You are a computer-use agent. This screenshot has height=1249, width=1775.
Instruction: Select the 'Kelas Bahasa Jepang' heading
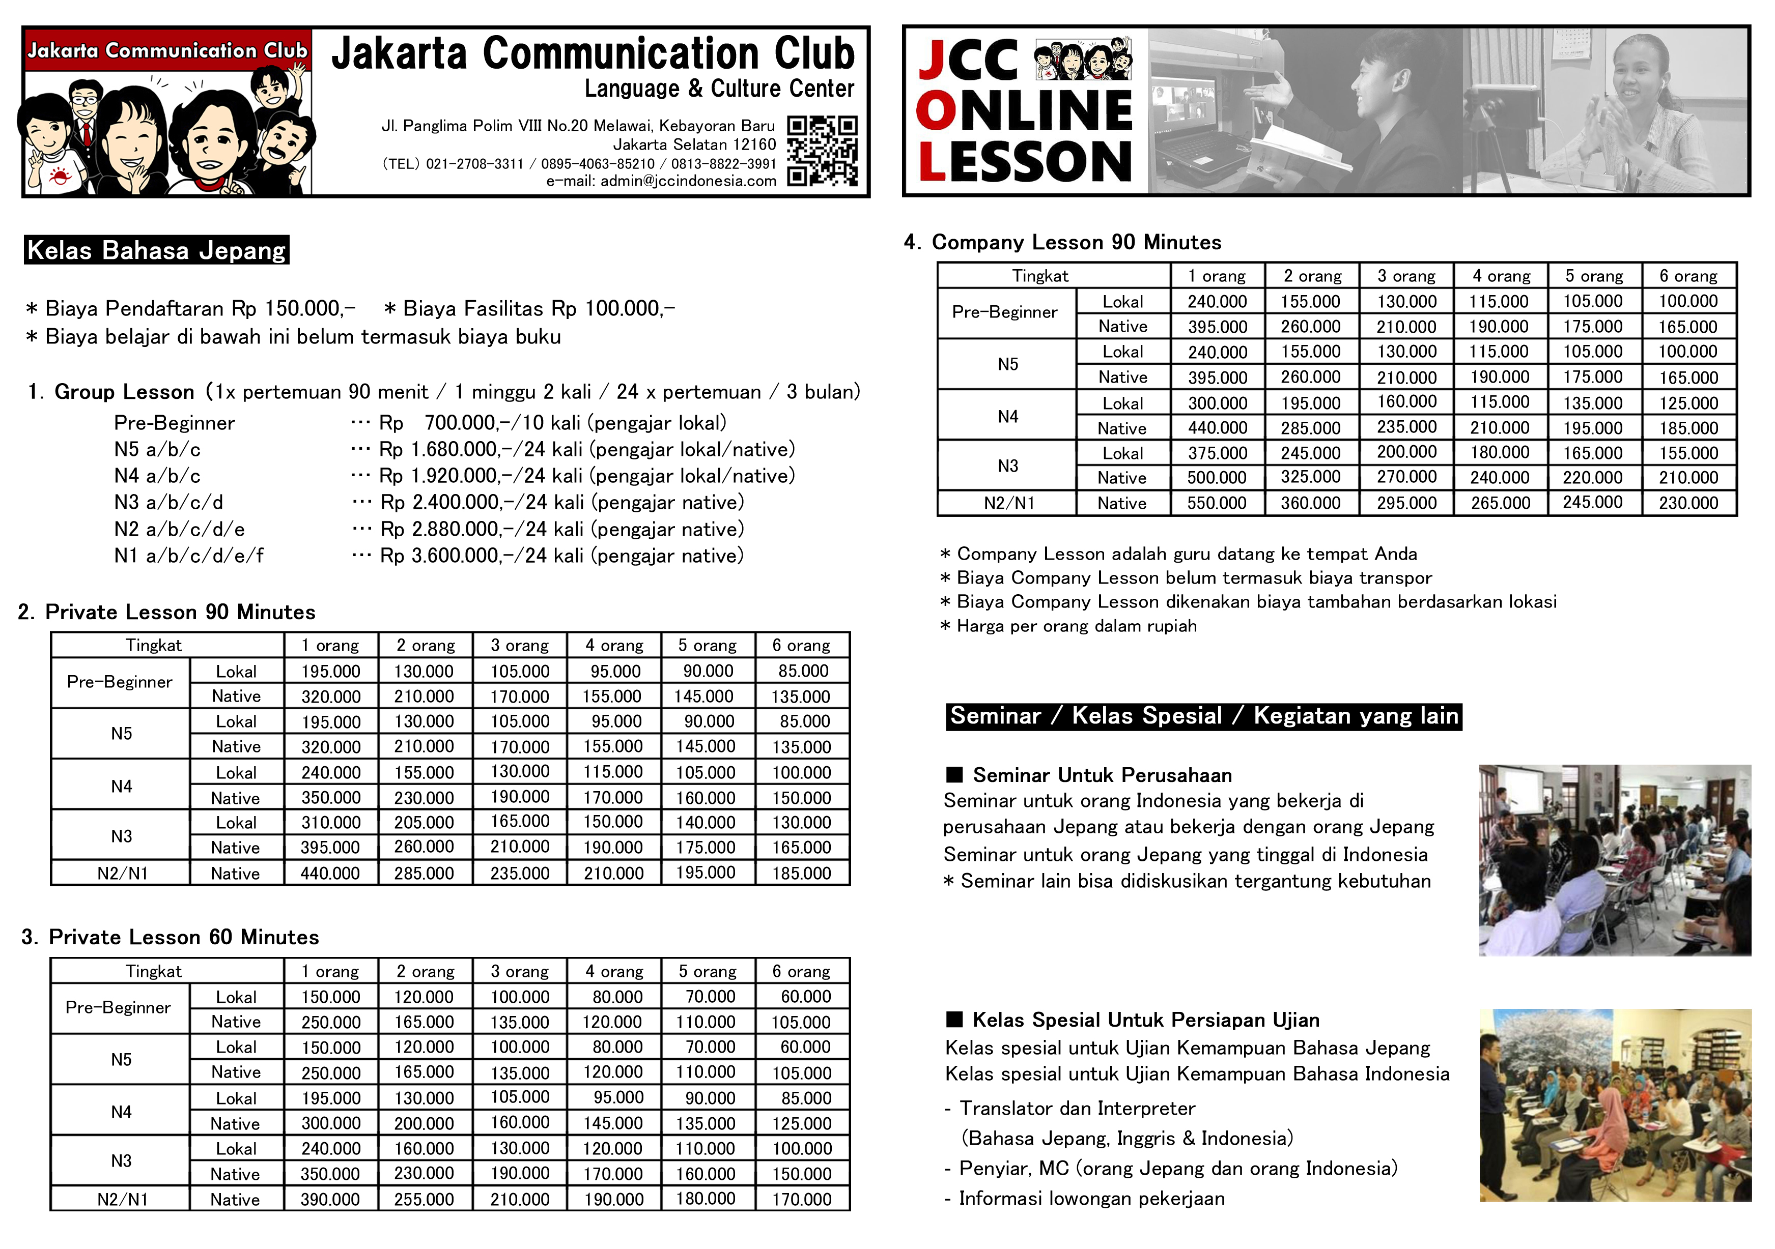pyautogui.click(x=156, y=250)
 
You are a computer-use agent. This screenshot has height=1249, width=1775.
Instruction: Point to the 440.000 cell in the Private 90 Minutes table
pyautogui.click(x=330, y=874)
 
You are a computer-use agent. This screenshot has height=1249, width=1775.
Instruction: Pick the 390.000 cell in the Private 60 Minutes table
pyautogui.click(x=330, y=1200)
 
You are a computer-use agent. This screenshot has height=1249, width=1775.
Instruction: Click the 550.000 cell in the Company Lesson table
pyautogui.click(x=1217, y=503)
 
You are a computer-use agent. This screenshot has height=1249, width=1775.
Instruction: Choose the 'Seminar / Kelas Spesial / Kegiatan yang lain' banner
pyautogui.click(x=1204, y=716)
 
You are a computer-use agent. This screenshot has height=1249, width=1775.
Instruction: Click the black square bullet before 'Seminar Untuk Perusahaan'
pyautogui.click(x=955, y=774)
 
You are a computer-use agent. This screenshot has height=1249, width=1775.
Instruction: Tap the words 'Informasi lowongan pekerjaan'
pyautogui.click(x=1091, y=1199)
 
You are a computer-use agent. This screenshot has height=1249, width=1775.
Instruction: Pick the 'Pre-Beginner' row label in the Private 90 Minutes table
pyautogui.click(x=120, y=682)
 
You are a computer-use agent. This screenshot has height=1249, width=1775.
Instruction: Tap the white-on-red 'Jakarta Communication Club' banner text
pyautogui.click(x=167, y=50)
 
